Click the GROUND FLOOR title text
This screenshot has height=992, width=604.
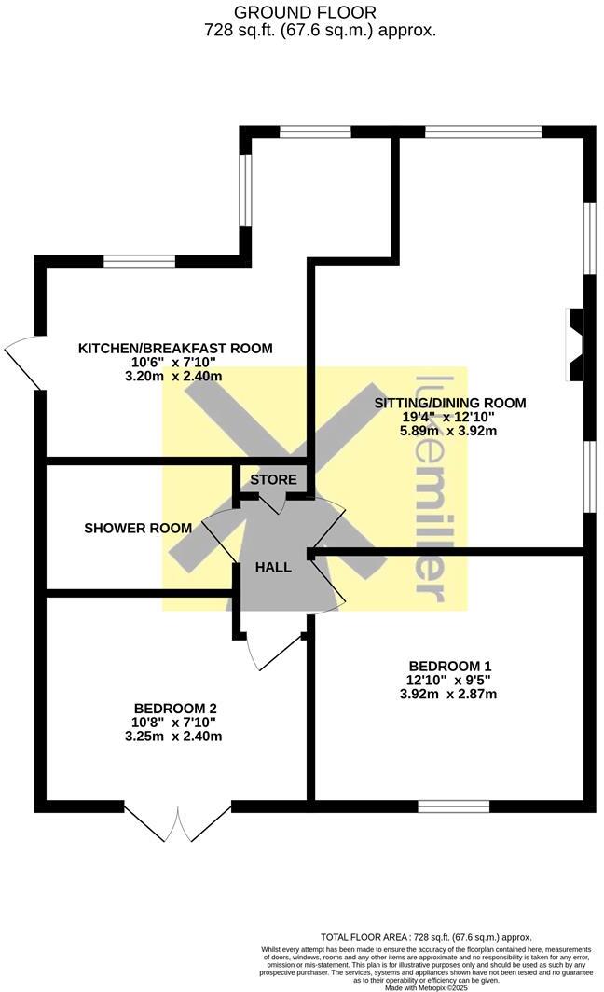pos(306,12)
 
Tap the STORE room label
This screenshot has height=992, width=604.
pos(274,480)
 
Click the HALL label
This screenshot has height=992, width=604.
pos(274,567)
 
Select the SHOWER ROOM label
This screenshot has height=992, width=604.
pos(138,528)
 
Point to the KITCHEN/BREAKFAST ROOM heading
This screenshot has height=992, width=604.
pos(175,349)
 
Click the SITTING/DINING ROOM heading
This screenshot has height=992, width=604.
pos(450,404)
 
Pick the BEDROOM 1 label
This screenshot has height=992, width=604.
pos(450,666)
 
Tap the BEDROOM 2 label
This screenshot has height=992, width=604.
pos(175,708)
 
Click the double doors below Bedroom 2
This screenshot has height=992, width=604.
pos(177,820)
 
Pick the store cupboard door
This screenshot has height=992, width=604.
pos(273,502)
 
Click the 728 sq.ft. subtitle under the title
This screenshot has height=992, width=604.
pos(320,30)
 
